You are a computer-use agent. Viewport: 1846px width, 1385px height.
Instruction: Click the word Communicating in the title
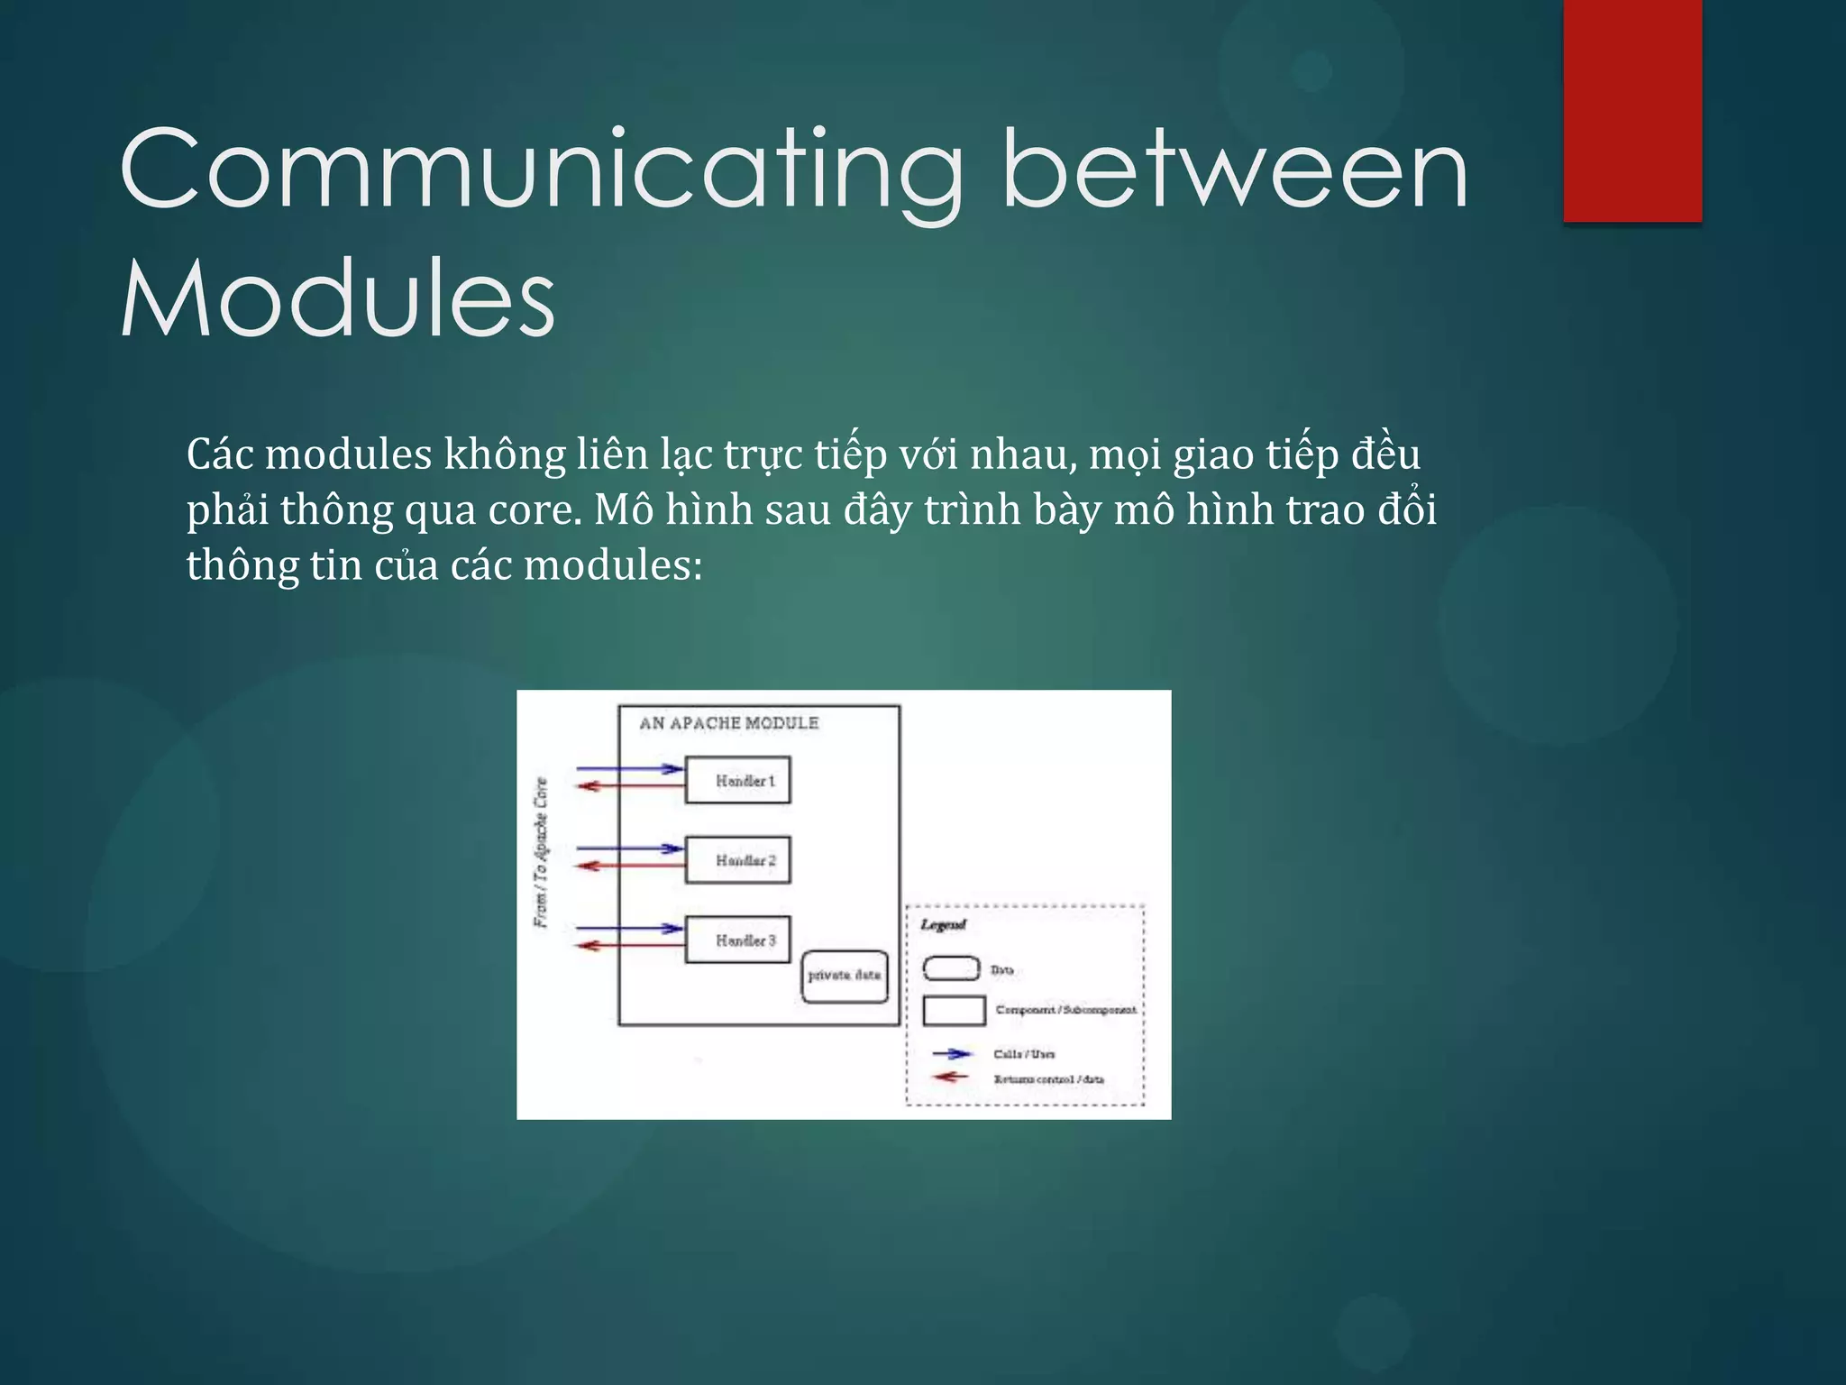tap(541, 171)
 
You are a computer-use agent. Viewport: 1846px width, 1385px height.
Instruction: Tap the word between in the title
tap(1235, 171)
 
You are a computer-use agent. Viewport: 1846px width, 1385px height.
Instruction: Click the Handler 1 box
tap(737, 781)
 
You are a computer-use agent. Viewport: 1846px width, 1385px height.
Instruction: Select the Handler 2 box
tap(737, 860)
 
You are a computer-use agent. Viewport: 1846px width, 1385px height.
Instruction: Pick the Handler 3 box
tap(737, 940)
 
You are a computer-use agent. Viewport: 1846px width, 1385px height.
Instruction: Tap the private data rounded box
tap(845, 976)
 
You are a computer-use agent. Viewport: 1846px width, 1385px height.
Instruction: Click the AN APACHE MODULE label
tap(728, 723)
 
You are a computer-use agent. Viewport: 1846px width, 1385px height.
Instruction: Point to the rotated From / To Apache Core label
tap(541, 852)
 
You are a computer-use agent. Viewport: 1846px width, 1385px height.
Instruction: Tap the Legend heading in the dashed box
tap(943, 925)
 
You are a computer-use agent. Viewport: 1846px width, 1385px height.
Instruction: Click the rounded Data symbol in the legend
tap(951, 969)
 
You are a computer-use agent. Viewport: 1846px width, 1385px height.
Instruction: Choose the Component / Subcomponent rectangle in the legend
tap(954, 1011)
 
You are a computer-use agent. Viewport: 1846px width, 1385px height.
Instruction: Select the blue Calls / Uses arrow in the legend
tap(952, 1053)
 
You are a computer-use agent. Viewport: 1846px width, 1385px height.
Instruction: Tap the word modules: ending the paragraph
tap(613, 566)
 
